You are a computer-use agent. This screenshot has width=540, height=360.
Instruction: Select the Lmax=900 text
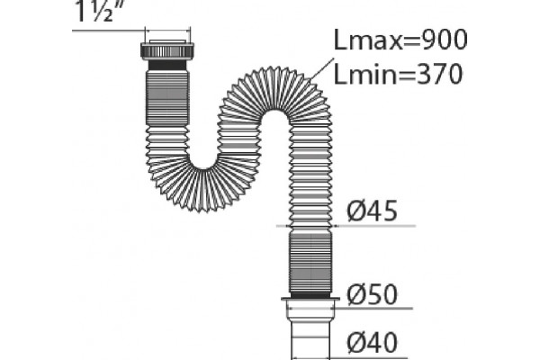tap(400, 40)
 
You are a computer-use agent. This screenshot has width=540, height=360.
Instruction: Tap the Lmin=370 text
tap(398, 74)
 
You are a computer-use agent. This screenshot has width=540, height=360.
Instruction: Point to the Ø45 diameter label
tap(372, 211)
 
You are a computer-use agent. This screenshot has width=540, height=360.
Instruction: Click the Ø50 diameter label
tap(372, 294)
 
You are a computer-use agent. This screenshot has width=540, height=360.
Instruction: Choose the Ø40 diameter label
tap(372, 342)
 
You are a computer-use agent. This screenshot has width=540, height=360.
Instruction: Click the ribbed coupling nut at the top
tap(167, 50)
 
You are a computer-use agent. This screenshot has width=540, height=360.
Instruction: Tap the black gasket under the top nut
tap(167, 65)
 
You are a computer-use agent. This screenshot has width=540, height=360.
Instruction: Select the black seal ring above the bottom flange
tap(310, 295)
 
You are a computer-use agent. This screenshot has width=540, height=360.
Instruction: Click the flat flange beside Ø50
tap(310, 300)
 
